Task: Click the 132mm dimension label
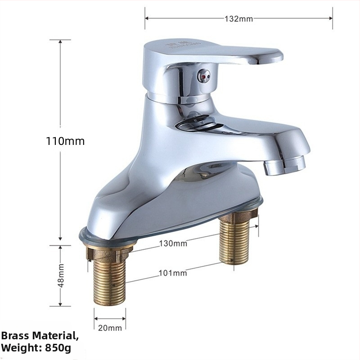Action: pyautogui.click(x=238, y=18)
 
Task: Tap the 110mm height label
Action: pyautogui.click(x=65, y=141)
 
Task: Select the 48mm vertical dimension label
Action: pyautogui.click(x=61, y=275)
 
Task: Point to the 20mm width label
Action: pyautogui.click(x=110, y=328)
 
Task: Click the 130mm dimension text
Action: pyautogui.click(x=173, y=243)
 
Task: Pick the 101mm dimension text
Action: pyautogui.click(x=173, y=273)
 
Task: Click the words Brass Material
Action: pyautogui.click(x=39, y=336)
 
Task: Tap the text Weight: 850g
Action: pyautogui.click(x=36, y=348)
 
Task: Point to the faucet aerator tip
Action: pyautogui.click(x=285, y=164)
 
